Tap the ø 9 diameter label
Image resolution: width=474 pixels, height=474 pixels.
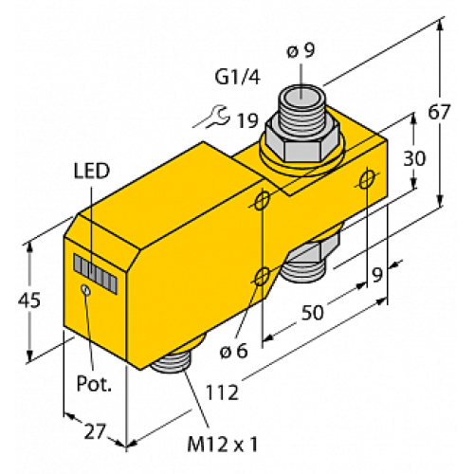[x=301, y=52]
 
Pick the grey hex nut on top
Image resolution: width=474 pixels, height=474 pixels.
[x=302, y=139]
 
